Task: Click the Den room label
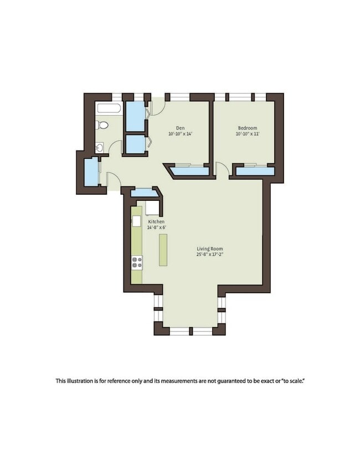[180, 128]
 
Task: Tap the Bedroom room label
[248, 128]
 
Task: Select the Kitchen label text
[156, 222]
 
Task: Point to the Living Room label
[210, 248]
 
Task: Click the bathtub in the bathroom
[109, 108]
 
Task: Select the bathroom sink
[100, 147]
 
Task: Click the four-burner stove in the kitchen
[137, 263]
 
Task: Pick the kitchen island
[163, 250]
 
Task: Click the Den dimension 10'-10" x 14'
[181, 134]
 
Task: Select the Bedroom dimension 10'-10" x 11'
[248, 134]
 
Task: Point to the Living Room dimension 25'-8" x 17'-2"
[210, 255]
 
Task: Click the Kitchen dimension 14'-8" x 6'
[156, 227]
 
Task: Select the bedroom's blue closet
[255, 172]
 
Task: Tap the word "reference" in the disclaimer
[119, 381]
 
